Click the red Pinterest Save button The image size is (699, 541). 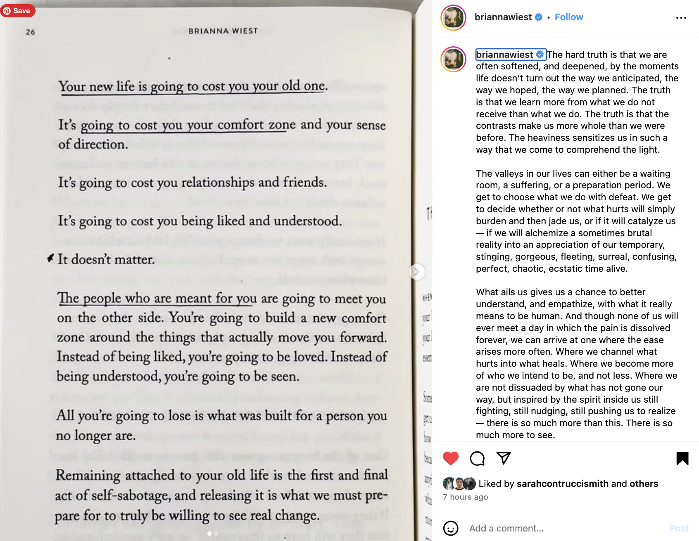tap(17, 11)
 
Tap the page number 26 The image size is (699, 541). tap(31, 32)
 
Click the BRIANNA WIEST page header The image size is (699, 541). tap(223, 31)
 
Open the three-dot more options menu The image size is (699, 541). tap(681, 18)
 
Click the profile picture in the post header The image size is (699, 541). tap(453, 18)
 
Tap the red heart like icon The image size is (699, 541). tap(451, 458)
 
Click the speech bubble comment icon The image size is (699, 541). tap(477, 458)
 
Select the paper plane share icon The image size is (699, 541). tap(504, 458)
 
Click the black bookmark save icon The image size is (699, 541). tap(682, 458)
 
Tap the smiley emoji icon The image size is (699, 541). tap(451, 528)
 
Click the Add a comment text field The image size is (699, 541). tap(562, 528)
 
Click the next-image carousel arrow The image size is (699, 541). tap(417, 272)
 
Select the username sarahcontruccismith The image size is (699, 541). tap(562, 484)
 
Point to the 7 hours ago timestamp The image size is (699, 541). tap(465, 497)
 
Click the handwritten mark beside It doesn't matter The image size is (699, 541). tap(50, 258)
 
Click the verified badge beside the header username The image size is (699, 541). tap(539, 17)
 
